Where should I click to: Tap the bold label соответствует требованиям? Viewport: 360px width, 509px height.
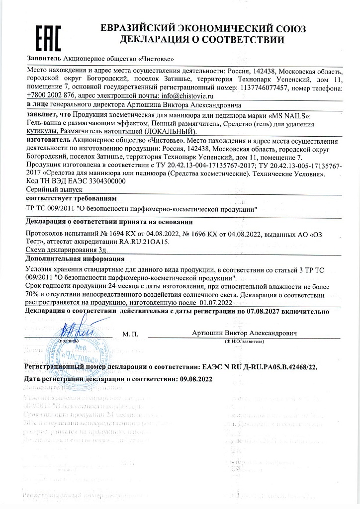[64, 198]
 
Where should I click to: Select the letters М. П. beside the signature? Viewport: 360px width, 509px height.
[129, 334]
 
